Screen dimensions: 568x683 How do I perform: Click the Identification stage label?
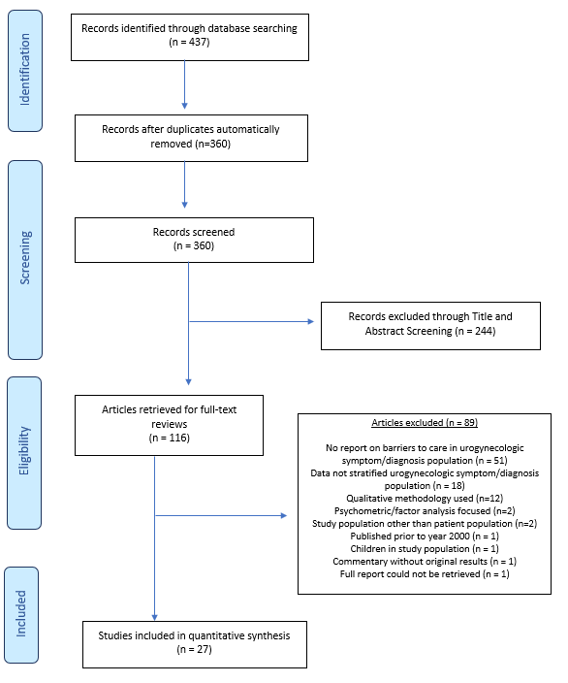[x=25, y=70]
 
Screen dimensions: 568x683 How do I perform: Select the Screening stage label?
[x=25, y=258]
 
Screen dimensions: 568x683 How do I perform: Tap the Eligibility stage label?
[x=24, y=451]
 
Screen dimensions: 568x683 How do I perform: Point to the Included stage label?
[x=21, y=614]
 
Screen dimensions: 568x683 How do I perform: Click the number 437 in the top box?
[x=198, y=43]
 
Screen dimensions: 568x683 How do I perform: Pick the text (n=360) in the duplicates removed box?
[x=213, y=144]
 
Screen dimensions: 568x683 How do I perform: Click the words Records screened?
[x=194, y=232]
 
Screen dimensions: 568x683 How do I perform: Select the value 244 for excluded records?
[x=484, y=331]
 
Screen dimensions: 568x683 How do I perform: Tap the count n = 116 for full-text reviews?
[x=170, y=438]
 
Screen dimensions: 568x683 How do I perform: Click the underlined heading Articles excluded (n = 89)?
[x=425, y=423]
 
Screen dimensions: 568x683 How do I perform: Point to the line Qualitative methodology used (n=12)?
[x=425, y=499]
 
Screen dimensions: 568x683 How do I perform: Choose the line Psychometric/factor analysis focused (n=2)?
[x=425, y=511]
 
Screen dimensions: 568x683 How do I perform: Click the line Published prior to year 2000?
[x=425, y=537]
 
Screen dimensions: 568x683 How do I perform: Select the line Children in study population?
[x=425, y=549]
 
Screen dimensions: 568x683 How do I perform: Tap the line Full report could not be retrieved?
[x=425, y=574]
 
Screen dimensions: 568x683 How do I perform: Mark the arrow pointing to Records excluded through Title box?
[x=252, y=321]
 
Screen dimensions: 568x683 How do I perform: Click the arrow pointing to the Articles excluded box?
[x=221, y=516]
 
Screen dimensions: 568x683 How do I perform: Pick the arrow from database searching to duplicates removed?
[x=184, y=84]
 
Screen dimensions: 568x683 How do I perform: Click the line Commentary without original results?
[x=425, y=562]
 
